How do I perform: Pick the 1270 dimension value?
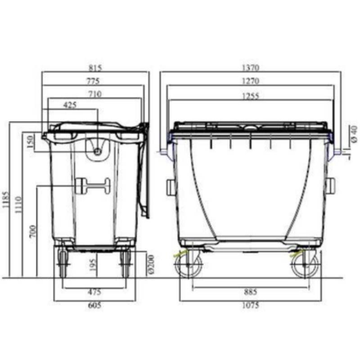250,81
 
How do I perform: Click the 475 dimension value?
94,292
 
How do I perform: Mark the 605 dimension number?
94,306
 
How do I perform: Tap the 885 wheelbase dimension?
250,292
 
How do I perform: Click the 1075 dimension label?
250,306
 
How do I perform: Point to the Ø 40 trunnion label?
354,134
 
